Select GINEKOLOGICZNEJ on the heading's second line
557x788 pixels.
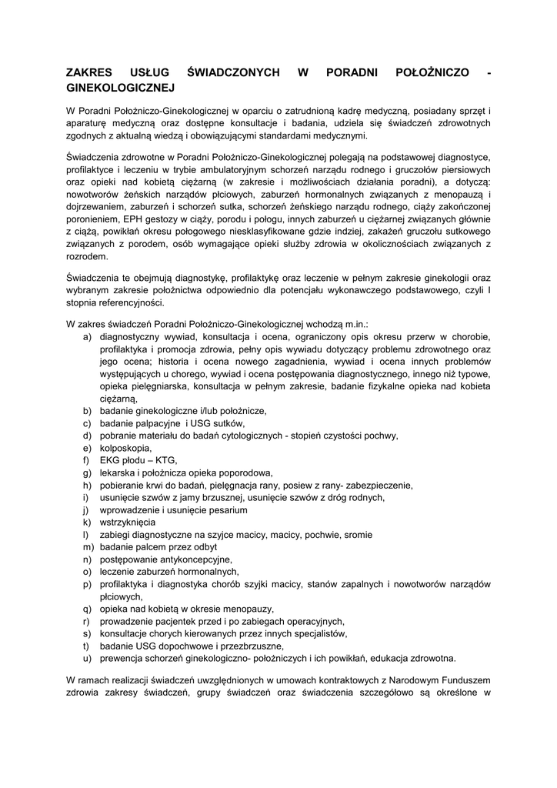coord(122,88)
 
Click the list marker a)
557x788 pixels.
coord(88,336)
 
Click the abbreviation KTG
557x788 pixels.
coord(165,460)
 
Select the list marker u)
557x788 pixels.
coord(88,658)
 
